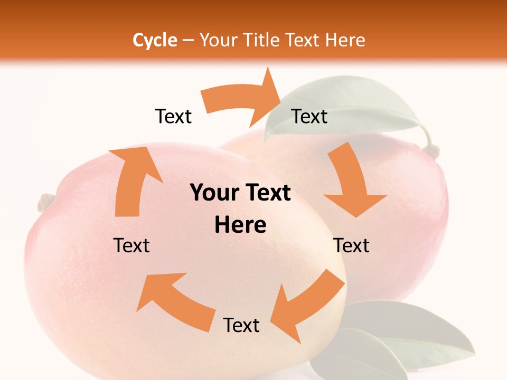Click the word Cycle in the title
coord(155,40)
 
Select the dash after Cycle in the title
coord(188,41)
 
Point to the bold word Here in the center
coord(240,225)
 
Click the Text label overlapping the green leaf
coord(309,116)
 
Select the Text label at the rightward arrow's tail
coord(173,116)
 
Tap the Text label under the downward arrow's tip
coord(351,245)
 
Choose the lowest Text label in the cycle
coord(241,326)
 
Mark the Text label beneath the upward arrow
coord(132,245)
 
